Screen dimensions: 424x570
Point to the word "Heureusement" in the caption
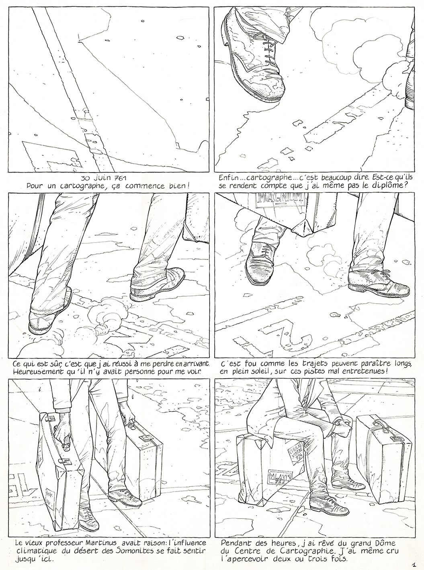click(39, 372)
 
